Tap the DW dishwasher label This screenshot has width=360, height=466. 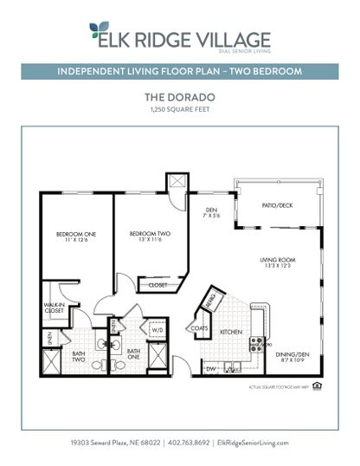210,368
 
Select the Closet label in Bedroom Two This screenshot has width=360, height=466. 157,284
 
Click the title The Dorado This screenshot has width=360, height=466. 180,98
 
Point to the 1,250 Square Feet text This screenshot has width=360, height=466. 180,110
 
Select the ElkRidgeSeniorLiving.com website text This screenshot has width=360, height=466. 253,443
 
